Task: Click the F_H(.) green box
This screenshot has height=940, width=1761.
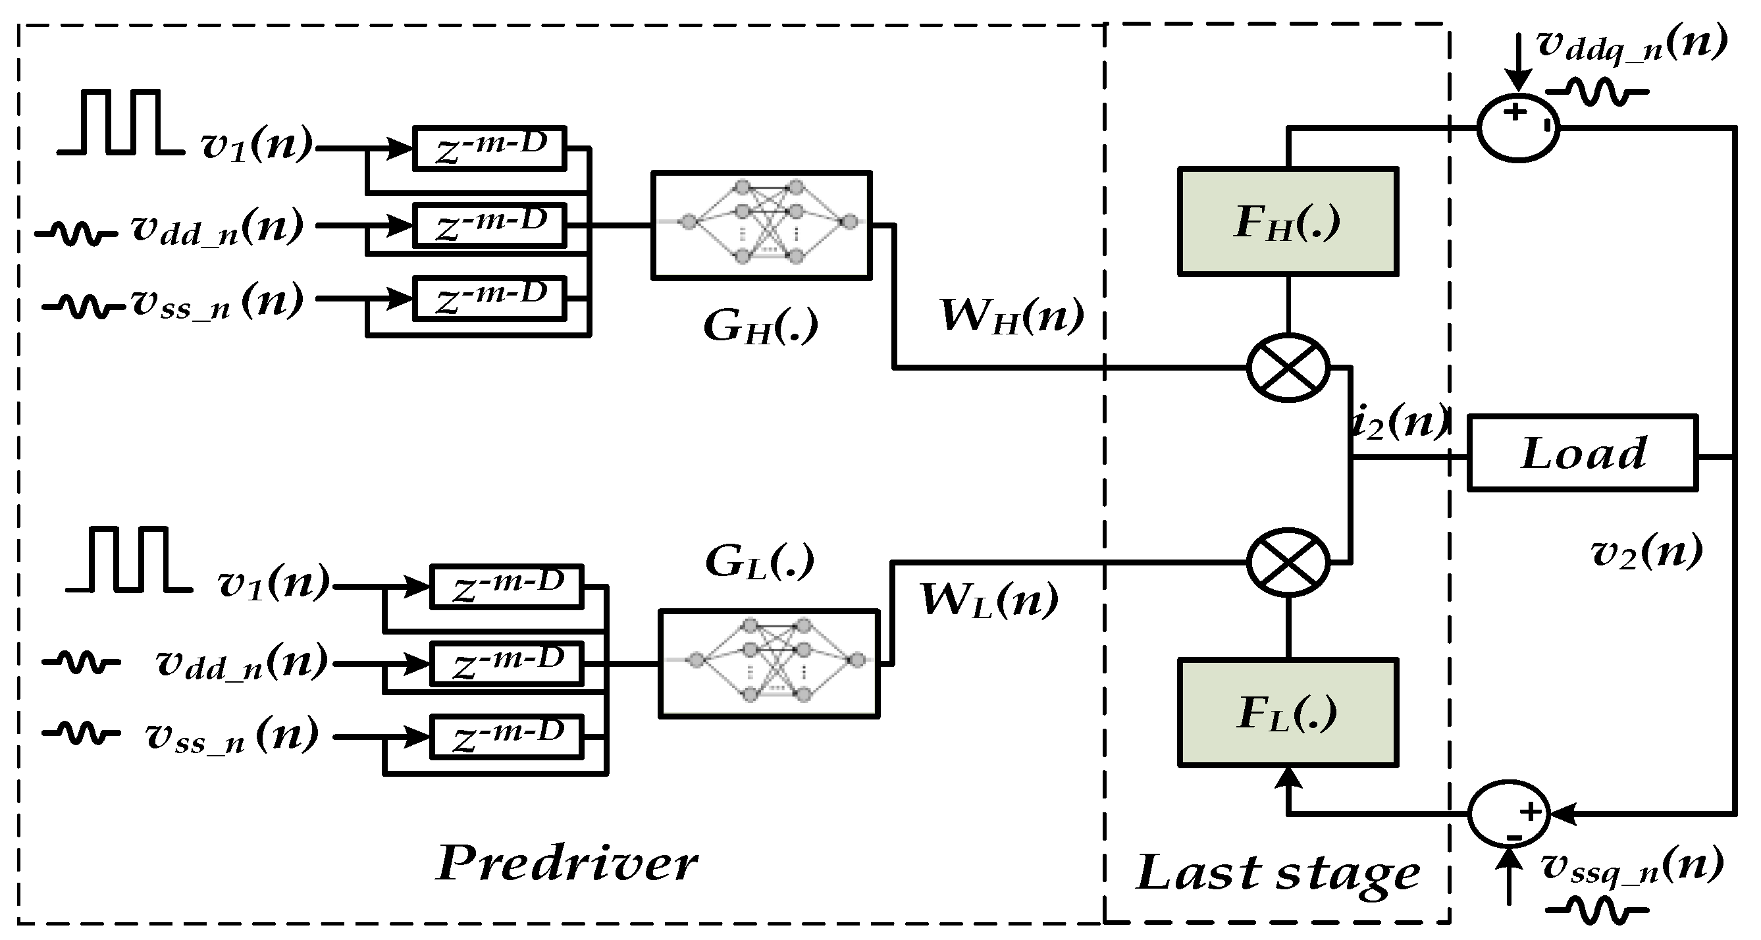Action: click(x=1287, y=221)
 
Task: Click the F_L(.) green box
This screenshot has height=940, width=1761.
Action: click(x=1287, y=712)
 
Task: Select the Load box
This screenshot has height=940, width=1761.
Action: click(x=1582, y=454)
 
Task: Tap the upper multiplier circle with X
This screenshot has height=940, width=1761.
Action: click(x=1288, y=368)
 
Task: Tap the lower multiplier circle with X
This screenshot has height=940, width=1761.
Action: click(x=1288, y=563)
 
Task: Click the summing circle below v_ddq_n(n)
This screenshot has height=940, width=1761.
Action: click(x=1517, y=128)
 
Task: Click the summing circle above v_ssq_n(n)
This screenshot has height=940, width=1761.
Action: click(x=1509, y=814)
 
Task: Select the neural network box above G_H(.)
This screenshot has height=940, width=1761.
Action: click(x=762, y=225)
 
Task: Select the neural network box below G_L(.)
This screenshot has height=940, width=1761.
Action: click(x=769, y=663)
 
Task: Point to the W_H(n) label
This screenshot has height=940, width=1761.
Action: click(x=1012, y=317)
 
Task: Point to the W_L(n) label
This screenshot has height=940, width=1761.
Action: click(x=989, y=600)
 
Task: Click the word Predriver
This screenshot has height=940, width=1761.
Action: click(x=567, y=864)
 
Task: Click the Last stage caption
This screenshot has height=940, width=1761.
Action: click(x=1278, y=873)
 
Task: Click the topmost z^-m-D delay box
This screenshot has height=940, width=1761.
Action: click(x=490, y=147)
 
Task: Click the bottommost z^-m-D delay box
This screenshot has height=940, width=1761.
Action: click(x=506, y=737)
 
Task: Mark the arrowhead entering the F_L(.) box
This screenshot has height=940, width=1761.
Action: click(x=1288, y=776)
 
